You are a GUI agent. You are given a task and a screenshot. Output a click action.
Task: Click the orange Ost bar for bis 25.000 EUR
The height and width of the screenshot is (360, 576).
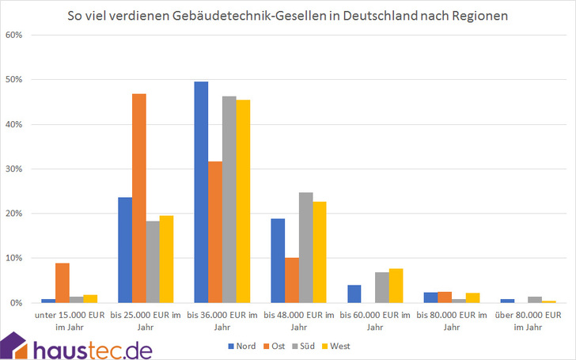[x=139, y=199]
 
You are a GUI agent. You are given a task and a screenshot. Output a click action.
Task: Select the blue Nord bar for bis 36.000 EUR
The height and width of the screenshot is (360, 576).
[x=201, y=192]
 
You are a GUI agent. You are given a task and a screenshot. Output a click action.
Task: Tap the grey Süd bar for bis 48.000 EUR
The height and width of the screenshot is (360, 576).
[x=305, y=248]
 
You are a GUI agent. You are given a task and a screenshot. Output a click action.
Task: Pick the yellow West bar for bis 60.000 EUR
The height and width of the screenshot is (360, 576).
[x=396, y=286]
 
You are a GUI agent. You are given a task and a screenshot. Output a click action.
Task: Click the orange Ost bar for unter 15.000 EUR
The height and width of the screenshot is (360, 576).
[x=63, y=283]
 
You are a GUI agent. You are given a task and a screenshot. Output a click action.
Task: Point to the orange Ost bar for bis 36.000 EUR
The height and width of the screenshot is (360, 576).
[x=215, y=232]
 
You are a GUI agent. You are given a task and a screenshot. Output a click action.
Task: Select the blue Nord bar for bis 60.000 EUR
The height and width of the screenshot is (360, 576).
[x=354, y=294]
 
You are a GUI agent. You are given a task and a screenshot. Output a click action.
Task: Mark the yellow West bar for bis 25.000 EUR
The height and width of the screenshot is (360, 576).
[x=166, y=260]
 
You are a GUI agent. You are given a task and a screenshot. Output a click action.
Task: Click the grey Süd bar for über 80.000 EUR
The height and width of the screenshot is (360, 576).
[x=535, y=300]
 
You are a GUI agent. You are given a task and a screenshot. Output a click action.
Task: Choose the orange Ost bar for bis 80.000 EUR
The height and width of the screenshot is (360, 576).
[x=445, y=297]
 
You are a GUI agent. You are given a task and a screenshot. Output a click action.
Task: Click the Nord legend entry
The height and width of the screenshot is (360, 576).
[x=242, y=346]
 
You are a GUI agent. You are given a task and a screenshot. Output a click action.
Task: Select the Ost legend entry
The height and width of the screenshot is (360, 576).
[x=274, y=346]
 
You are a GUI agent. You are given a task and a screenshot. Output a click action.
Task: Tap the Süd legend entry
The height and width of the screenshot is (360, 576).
[x=304, y=346]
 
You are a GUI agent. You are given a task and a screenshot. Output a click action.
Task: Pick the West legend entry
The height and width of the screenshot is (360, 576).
[x=335, y=346]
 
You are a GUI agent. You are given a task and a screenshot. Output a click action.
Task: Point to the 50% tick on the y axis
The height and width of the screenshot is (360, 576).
[x=14, y=80]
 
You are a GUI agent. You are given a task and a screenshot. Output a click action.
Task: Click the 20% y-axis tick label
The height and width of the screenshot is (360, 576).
[x=14, y=214]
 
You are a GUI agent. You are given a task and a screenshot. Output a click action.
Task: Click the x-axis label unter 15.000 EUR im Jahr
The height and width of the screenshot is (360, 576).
[x=70, y=320]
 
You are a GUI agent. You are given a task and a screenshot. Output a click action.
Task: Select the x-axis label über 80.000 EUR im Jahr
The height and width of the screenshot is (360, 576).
[x=529, y=320]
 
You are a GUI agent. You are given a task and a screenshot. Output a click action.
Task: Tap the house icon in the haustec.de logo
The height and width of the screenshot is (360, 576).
[x=13, y=346]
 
